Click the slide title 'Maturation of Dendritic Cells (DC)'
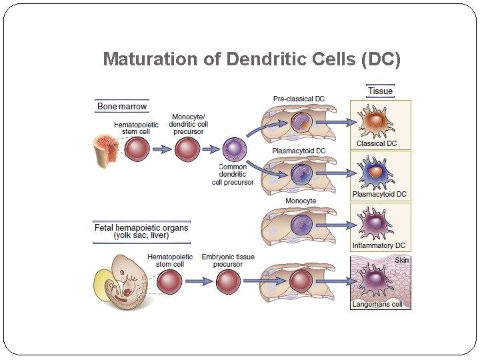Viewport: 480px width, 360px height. point(252,59)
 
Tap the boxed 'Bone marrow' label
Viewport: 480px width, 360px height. point(122,106)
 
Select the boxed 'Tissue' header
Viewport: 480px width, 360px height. point(380,91)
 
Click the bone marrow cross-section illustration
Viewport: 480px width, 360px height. point(106,149)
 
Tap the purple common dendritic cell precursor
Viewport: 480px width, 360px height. point(234,149)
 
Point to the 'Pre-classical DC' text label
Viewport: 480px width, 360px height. point(299,99)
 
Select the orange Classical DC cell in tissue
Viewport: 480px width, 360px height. point(377,121)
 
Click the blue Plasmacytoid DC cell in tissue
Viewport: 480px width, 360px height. point(377,172)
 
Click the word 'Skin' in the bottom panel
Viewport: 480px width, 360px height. point(402,260)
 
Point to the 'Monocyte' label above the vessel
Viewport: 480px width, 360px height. point(301,201)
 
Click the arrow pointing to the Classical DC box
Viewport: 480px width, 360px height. point(337,122)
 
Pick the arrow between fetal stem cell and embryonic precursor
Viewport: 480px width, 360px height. point(199,281)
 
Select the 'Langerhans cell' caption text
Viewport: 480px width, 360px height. point(377,305)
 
